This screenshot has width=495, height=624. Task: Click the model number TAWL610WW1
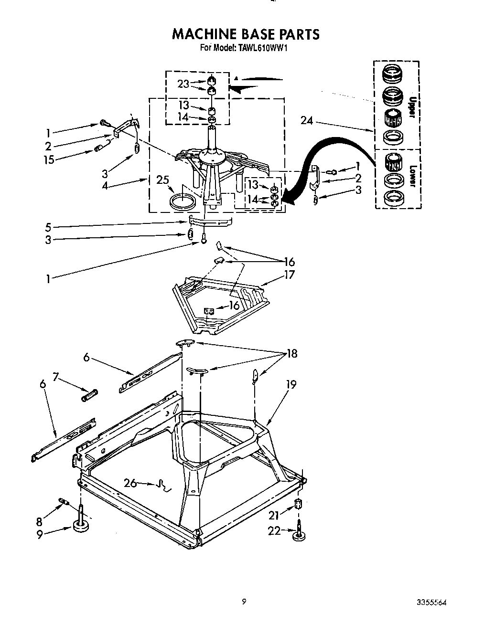pos(262,48)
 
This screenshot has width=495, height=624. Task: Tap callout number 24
pos(307,121)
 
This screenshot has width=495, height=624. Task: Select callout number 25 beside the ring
pos(162,180)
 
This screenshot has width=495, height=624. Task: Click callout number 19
pos(291,384)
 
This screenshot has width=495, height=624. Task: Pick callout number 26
pos(130,483)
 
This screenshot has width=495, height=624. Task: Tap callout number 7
pos(55,377)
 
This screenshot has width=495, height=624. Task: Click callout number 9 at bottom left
pos(40,535)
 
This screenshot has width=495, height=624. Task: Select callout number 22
pos(274,530)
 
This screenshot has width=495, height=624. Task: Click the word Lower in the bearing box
pos(412,177)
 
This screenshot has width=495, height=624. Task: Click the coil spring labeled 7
pos(90,395)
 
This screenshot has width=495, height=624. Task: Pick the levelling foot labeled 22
pos(299,534)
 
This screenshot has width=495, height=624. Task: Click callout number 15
pos(49,160)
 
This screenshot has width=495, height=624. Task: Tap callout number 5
pos(48,226)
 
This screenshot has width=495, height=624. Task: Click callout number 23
pos(183,84)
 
